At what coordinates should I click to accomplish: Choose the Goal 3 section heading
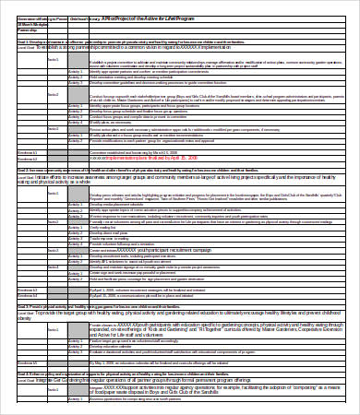pos(138,305)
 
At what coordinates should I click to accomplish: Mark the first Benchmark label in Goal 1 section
pos(28,151)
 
